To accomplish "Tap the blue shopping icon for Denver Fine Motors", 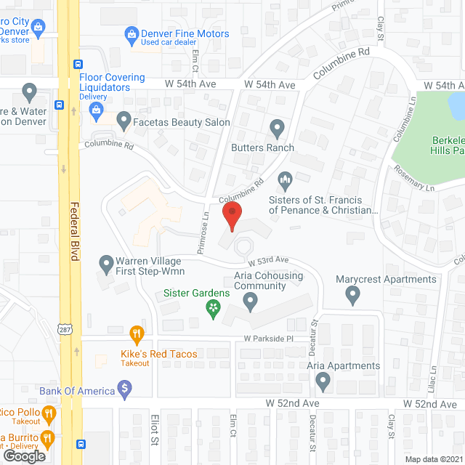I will (x=132, y=33).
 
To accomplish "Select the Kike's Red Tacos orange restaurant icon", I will (x=136, y=335).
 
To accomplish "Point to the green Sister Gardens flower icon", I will (x=213, y=310).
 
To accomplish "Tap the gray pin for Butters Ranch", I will (x=277, y=129).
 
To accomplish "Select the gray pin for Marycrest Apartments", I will (x=353, y=295).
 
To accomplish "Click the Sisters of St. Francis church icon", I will (x=286, y=178).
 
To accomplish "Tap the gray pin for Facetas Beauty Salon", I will (x=124, y=118).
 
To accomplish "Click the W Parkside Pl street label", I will (x=267, y=339).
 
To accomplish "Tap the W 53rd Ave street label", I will (x=268, y=259).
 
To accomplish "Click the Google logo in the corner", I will (x=23, y=456).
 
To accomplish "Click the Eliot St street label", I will (x=155, y=436).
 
